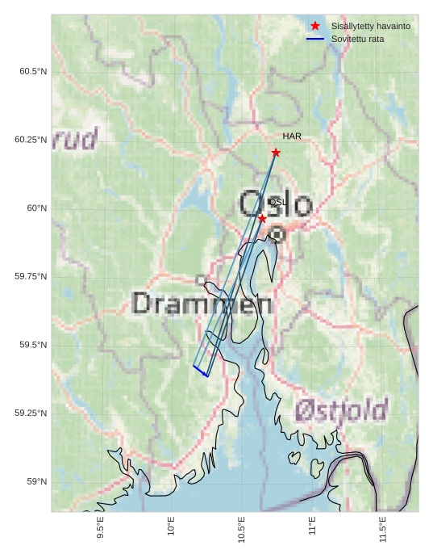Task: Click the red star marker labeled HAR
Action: [x=276, y=153]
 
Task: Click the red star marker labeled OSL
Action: [x=262, y=219]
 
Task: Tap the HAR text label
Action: [x=292, y=136]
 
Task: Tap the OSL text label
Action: [x=277, y=202]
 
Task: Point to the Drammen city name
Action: [x=202, y=304]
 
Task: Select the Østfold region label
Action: [x=341, y=411]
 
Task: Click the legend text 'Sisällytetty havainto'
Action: [x=370, y=26]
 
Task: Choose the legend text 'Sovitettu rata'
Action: [x=357, y=39]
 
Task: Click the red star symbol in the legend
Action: [x=315, y=26]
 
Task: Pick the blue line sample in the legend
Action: [x=315, y=39]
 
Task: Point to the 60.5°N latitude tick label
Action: [x=33, y=71]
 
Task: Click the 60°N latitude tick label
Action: [x=37, y=208]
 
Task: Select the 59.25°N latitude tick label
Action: [x=31, y=413]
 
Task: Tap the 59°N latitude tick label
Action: [x=37, y=482]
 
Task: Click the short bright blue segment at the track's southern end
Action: [x=201, y=371]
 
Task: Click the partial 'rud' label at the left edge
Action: [x=75, y=139]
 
